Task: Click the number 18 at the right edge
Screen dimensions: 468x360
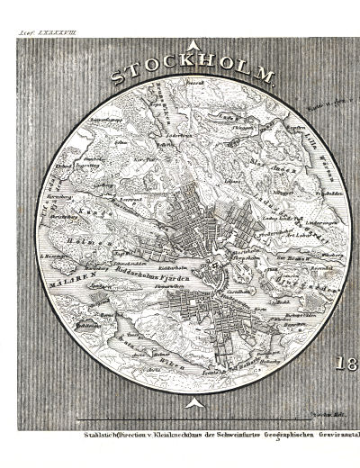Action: [346, 366]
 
